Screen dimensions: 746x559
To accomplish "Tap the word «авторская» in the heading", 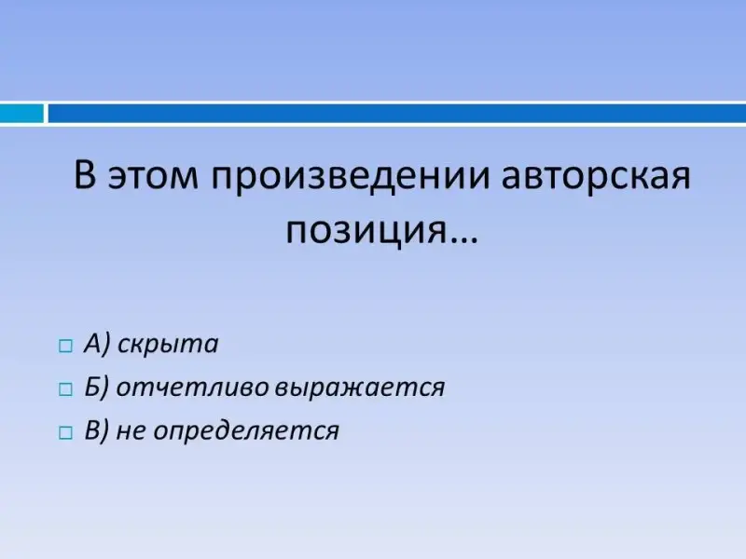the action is (596, 175).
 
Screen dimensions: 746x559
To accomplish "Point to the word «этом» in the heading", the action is (153, 176).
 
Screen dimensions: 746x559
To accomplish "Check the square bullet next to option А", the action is (65, 346).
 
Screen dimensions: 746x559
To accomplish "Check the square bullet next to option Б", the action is (65, 389).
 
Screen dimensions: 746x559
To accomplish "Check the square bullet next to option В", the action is (65, 433).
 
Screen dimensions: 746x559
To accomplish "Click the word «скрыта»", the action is (168, 344).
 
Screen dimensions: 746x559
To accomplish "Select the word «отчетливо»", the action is (193, 388).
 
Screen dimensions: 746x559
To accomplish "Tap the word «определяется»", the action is (246, 431).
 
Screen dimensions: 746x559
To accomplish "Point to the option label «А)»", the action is (97, 343).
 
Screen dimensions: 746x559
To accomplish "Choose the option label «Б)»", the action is (97, 387).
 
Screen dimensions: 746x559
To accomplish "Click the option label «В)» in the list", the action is (97, 430).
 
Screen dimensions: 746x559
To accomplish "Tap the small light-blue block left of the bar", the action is (21, 114).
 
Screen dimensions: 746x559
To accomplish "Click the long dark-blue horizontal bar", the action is (397, 114).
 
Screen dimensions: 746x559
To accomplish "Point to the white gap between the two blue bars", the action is (46, 114).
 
